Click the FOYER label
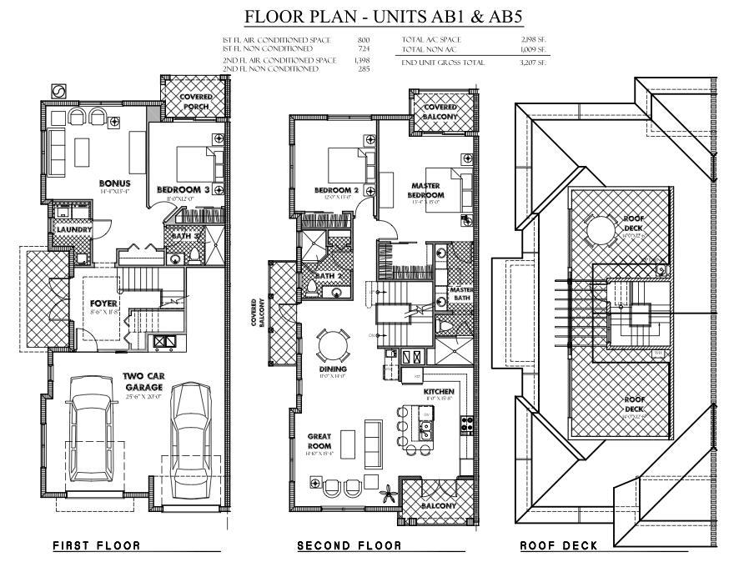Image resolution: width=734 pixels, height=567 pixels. coord(104,304)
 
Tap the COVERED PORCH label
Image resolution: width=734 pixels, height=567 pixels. coord(196,102)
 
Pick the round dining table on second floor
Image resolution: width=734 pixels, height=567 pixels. coord(333,344)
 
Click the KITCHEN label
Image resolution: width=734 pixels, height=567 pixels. coord(438,391)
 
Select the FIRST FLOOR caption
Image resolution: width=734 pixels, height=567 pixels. coord(96,546)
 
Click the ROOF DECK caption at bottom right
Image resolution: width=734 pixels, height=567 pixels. coord(558,546)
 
